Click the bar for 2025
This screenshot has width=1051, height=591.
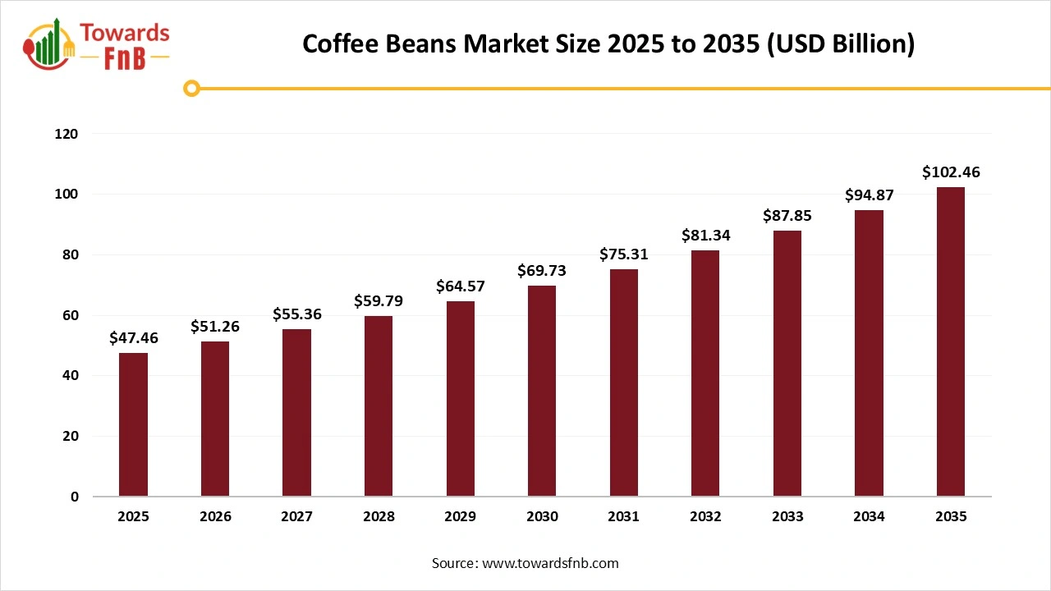click(x=133, y=424)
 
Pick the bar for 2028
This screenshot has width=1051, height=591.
click(x=379, y=405)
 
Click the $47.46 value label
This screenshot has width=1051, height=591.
click(x=133, y=337)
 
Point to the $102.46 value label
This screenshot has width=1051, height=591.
click(x=951, y=172)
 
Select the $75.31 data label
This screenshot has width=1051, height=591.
click(x=623, y=254)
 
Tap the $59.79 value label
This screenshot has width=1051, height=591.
click(x=379, y=301)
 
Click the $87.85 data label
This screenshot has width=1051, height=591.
click(x=787, y=216)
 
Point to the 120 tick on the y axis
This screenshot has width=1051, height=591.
click(x=67, y=133)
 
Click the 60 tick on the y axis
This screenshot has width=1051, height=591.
click(x=70, y=315)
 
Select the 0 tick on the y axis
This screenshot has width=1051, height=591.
click(x=73, y=497)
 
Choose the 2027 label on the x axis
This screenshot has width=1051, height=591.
click(x=296, y=517)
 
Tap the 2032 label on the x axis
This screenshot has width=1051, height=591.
click(x=705, y=517)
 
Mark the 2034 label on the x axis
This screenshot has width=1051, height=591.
click(x=869, y=517)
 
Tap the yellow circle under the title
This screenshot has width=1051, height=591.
click(x=191, y=88)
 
